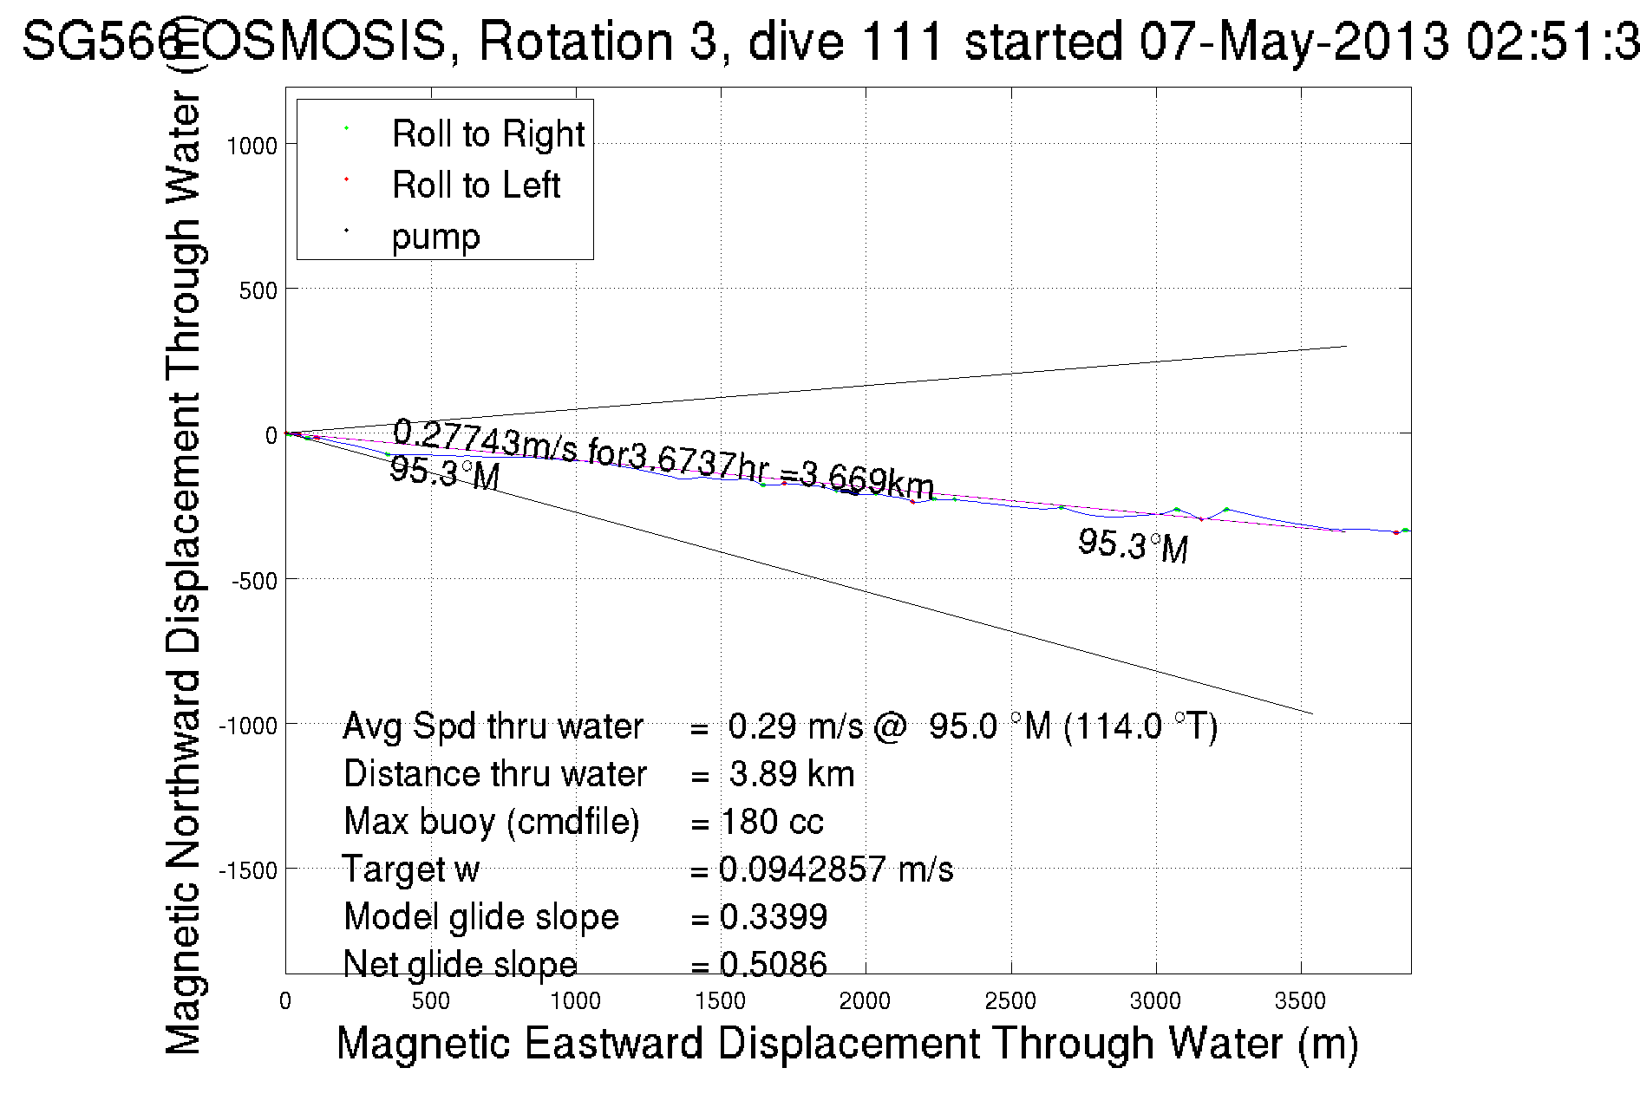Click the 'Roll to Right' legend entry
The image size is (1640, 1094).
pyautogui.click(x=487, y=134)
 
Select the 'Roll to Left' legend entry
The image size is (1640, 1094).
pyautogui.click(x=475, y=186)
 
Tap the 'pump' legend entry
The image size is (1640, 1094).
pyautogui.click(x=435, y=237)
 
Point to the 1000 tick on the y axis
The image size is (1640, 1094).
pyautogui.click(x=252, y=146)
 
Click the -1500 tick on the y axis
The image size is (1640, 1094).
pyautogui.click(x=247, y=870)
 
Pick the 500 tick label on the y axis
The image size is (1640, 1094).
pyautogui.click(x=258, y=290)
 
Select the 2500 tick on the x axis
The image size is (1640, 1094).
pyautogui.click(x=1010, y=1001)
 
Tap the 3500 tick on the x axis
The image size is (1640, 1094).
pyautogui.click(x=1300, y=1001)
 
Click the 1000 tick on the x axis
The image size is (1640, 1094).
pyautogui.click(x=575, y=1001)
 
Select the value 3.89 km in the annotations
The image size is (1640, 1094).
pyautogui.click(x=791, y=774)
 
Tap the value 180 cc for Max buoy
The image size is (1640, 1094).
pyautogui.click(x=772, y=822)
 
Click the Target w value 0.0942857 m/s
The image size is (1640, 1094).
pyautogui.click(x=836, y=869)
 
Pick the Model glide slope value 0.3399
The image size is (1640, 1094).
pyautogui.click(x=774, y=917)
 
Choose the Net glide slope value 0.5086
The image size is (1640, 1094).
pyautogui.click(x=774, y=964)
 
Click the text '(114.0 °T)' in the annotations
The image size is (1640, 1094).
pyautogui.click(x=1140, y=726)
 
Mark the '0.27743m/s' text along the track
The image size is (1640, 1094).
pyautogui.click(x=484, y=438)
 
